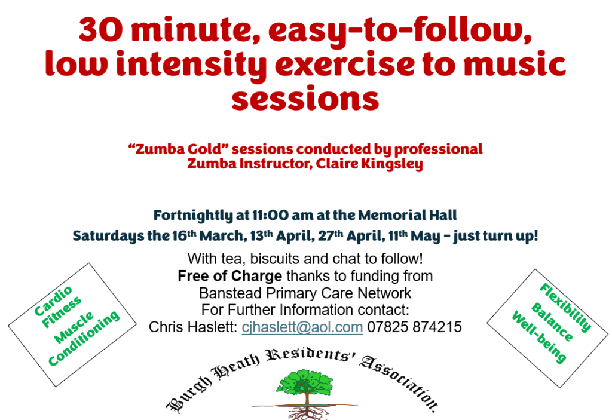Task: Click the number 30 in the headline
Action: click(x=100, y=29)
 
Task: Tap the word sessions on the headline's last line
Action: click(x=305, y=99)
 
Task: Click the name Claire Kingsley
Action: click(x=369, y=164)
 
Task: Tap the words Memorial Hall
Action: click(x=408, y=215)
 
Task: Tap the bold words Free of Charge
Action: click(x=230, y=276)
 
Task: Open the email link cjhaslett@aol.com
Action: click(x=302, y=327)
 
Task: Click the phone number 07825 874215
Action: click(x=415, y=327)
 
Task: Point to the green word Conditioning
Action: click(x=84, y=338)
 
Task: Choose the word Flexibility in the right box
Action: click(x=565, y=308)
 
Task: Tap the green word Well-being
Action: click(x=539, y=337)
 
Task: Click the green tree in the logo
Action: click(x=305, y=385)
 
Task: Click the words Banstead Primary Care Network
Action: click(x=305, y=293)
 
